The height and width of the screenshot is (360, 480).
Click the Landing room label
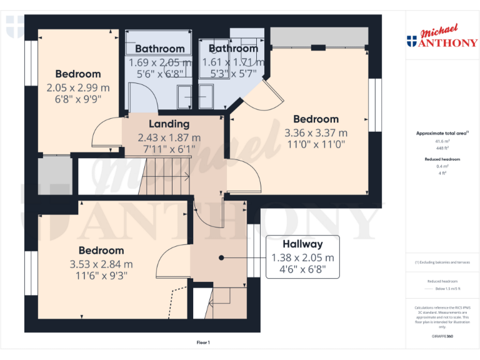(x=169, y=124)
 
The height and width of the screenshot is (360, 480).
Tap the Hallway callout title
(x=302, y=244)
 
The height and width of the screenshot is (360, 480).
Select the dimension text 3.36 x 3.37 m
(x=316, y=132)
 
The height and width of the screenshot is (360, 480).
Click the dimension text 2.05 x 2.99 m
(x=77, y=87)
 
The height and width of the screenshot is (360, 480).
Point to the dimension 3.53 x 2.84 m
(x=101, y=264)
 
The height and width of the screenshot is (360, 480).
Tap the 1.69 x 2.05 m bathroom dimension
(x=160, y=62)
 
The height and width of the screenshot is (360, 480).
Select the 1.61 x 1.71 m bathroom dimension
(x=233, y=62)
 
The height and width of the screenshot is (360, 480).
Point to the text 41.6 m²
(x=442, y=142)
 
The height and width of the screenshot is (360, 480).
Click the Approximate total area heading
(x=442, y=133)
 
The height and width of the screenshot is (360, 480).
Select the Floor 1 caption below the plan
(x=203, y=342)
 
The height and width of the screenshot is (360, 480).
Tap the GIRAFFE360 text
(x=442, y=336)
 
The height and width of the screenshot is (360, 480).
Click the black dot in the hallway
(x=221, y=257)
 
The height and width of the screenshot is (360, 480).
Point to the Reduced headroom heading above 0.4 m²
(x=442, y=159)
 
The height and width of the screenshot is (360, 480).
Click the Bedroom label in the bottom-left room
(x=101, y=251)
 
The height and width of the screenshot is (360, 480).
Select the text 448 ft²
(x=442, y=148)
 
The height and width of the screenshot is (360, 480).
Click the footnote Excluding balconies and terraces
(x=442, y=262)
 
